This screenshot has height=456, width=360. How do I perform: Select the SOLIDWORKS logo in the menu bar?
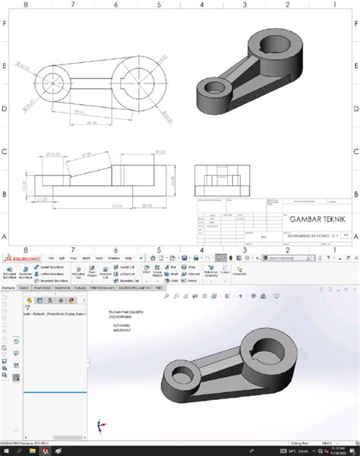pos(19,258)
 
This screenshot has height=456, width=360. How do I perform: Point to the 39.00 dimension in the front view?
pos(159,153)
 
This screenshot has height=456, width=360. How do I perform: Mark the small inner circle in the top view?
pos(52,80)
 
